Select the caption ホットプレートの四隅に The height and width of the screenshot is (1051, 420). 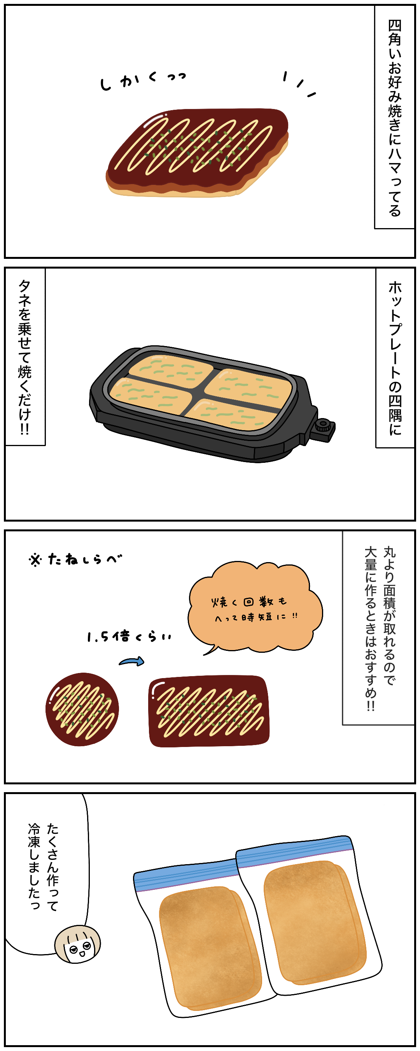(x=395, y=357)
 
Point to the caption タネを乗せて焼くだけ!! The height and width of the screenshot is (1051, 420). (x=25, y=357)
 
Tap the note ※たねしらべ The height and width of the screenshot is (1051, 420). (x=75, y=559)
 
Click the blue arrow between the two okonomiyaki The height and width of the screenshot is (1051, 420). (x=132, y=661)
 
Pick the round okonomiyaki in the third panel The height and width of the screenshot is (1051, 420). (x=82, y=709)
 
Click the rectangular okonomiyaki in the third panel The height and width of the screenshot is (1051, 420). (x=209, y=711)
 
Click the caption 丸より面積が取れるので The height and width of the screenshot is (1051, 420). (x=389, y=616)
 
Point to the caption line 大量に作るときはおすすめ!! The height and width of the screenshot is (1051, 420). (x=370, y=628)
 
